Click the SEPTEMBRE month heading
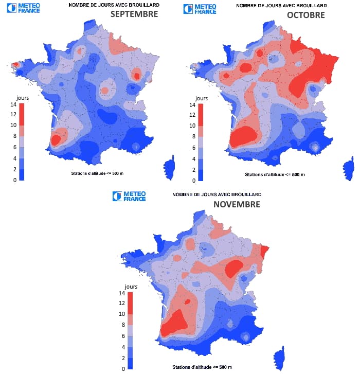pos(134,14)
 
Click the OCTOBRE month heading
pos(305,15)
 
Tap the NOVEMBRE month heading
pos(237,204)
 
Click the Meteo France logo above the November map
pos(129,196)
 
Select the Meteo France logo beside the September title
pos(23,8)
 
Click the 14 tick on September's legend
pos(14,104)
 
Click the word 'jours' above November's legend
pos(131,286)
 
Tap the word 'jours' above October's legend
pos(202,98)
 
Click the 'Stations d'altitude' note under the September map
pos(96,174)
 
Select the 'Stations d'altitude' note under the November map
pos(203,366)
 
